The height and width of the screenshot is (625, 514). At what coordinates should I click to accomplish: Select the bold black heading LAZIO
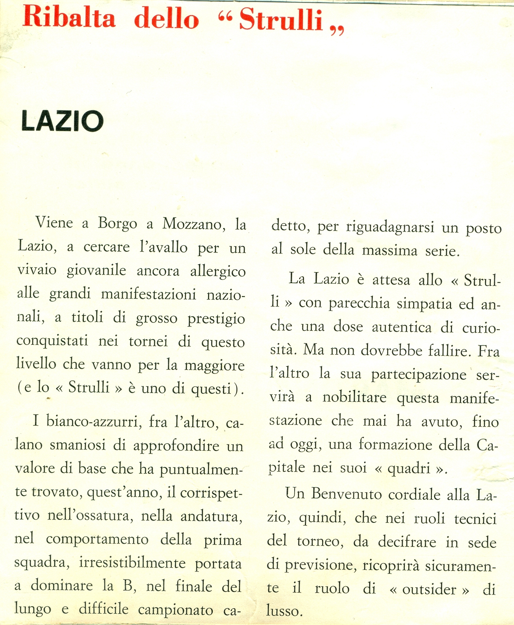pos(62,121)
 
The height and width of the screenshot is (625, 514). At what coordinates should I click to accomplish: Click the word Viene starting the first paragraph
pos(54,223)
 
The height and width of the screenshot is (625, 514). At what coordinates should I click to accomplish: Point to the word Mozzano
pos(194,224)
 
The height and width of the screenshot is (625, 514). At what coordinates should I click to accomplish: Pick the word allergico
pos(218,271)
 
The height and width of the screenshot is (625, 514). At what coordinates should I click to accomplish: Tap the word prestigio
pos(216,319)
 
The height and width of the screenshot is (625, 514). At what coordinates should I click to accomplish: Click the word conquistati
pos(52,341)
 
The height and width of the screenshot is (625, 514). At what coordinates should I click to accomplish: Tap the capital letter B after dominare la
pos(128,586)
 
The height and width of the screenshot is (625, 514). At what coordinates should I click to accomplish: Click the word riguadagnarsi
pos(390,228)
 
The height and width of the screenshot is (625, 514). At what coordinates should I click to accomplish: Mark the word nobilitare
pos(354,397)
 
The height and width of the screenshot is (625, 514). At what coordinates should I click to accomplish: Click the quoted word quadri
pos(409,468)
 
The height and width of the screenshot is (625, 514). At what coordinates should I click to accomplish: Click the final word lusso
pos(284,611)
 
